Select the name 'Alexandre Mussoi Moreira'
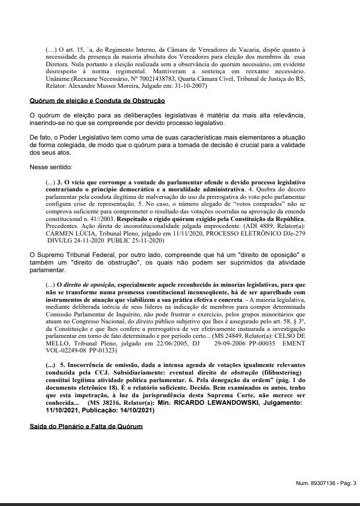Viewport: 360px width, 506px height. click(x=104, y=86)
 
